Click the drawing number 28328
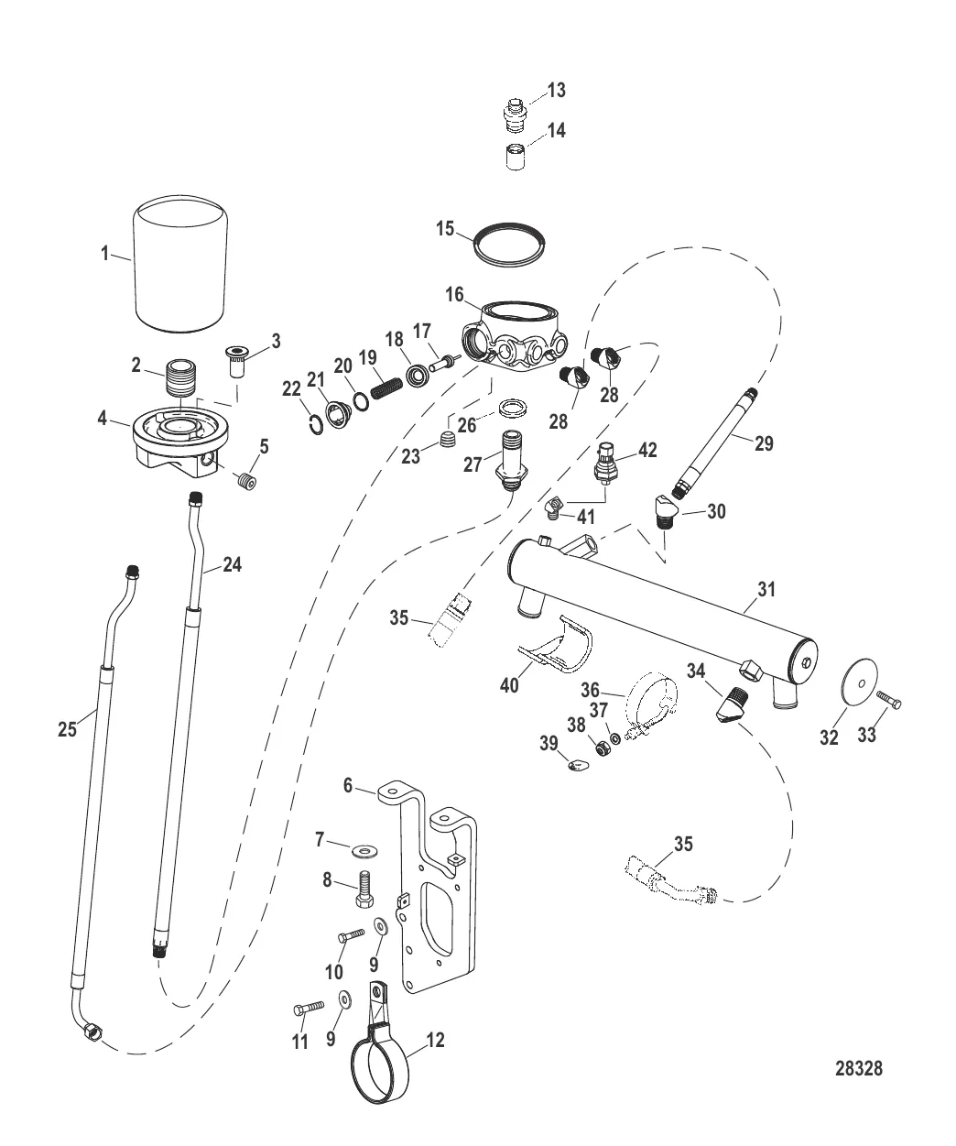(858, 1068)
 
